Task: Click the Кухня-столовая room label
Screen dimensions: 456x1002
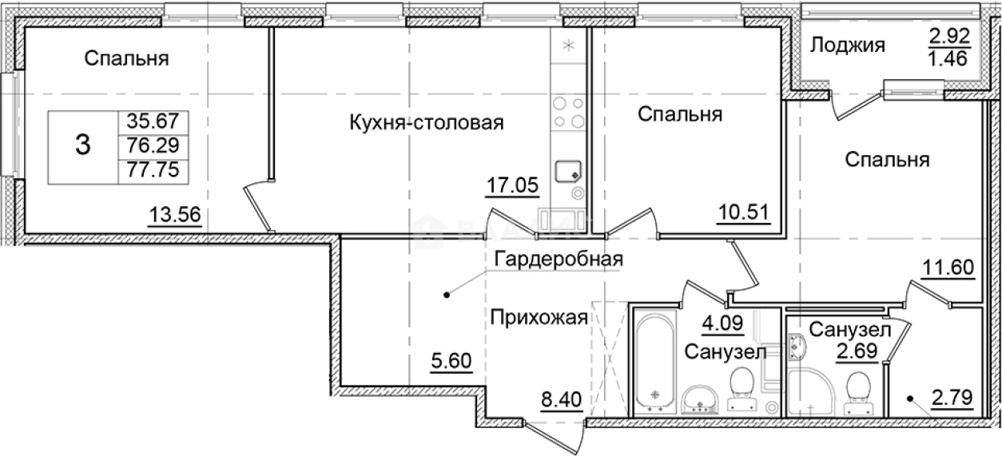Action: tap(426, 123)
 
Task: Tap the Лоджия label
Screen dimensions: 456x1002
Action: tap(848, 46)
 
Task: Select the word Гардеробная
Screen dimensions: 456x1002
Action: tap(558, 259)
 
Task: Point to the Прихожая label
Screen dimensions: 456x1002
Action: tap(539, 318)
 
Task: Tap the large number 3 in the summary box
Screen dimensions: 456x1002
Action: tap(82, 146)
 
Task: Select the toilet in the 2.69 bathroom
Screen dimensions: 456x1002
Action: tap(860, 389)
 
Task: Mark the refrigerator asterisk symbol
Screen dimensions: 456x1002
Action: tap(569, 46)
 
